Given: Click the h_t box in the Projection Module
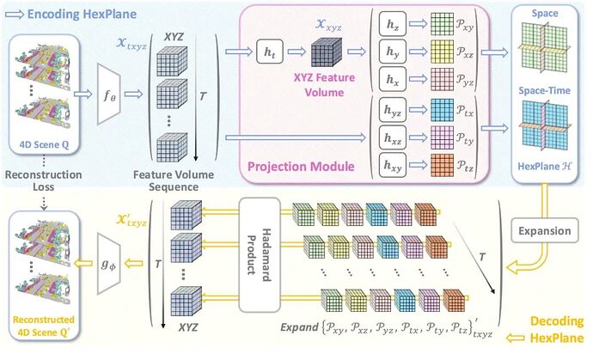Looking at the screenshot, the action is click(270, 52).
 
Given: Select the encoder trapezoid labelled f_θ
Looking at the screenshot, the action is click(109, 94).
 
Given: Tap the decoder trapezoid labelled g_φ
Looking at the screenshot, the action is click(109, 264).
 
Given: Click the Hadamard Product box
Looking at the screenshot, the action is click(260, 255).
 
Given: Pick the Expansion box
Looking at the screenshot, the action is click(545, 230).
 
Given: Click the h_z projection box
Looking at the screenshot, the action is click(393, 24).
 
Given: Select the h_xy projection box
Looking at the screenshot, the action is click(393, 165).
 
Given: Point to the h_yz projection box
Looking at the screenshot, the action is click(393, 110).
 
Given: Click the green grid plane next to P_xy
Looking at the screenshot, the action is click(442, 24).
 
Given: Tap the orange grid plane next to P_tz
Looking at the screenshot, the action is click(442, 165).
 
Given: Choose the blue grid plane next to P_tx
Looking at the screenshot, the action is click(442, 110).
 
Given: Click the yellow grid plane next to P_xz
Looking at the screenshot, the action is click(442, 52).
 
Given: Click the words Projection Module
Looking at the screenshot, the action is click(301, 167).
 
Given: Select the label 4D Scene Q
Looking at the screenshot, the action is click(44, 145).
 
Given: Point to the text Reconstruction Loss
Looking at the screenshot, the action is click(43, 180).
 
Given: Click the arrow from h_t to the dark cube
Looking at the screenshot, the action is click(296, 52).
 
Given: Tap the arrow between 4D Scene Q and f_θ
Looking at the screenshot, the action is click(83, 94).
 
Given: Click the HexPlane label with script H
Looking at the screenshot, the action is click(545, 167).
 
